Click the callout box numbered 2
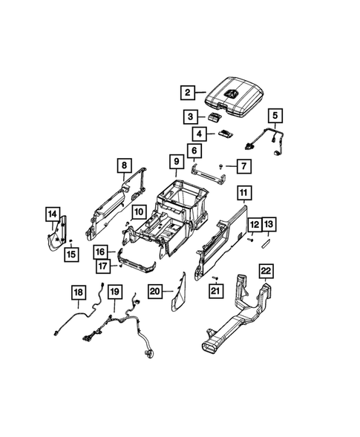(188, 93)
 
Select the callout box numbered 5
(275, 116)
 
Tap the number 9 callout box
(176, 160)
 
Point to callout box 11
(243, 194)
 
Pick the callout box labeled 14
(53, 215)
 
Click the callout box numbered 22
(266, 270)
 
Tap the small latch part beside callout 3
(217, 116)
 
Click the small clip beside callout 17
(119, 263)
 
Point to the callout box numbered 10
(138, 213)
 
